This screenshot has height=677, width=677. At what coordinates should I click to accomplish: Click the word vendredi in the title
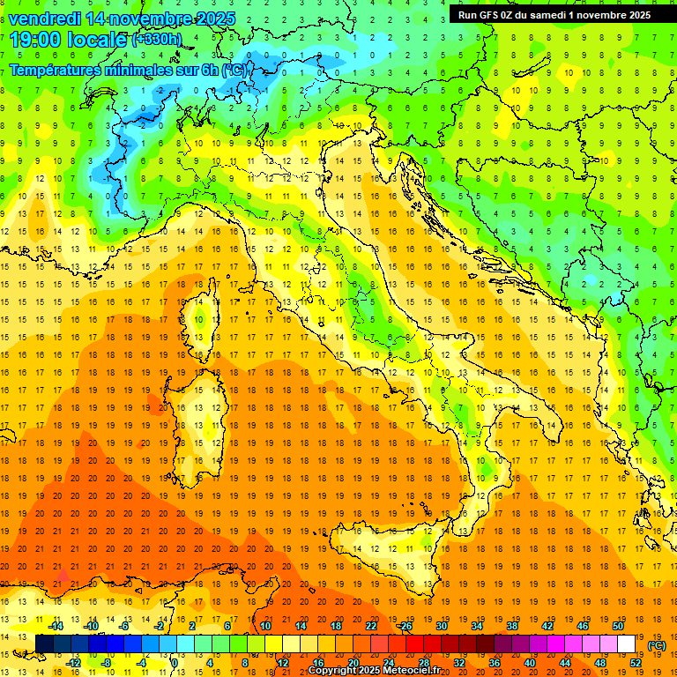coord(44,19)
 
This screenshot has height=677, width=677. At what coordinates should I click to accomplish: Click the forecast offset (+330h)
coord(157,39)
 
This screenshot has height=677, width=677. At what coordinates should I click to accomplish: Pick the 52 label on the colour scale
coord(636,662)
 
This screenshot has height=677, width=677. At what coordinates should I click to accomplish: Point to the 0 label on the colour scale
coord(174,662)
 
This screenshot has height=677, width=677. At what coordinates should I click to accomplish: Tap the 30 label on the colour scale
coord(442,626)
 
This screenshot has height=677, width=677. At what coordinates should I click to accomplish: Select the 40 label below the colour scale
coord(530,662)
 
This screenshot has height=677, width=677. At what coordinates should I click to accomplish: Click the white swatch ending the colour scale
coord(626,644)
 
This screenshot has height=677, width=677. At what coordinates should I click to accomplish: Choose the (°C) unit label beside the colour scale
coord(657,645)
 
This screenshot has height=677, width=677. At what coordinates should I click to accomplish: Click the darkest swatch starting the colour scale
coord(44,644)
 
